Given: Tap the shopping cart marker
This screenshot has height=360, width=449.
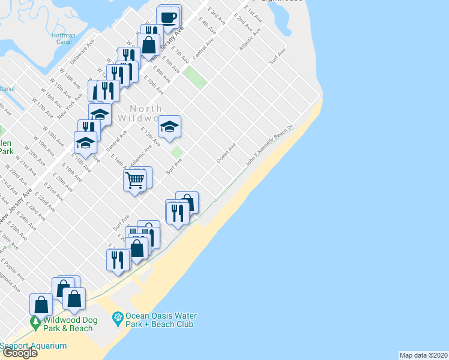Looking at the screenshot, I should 135,179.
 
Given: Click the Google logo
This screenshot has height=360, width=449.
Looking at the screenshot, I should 19,353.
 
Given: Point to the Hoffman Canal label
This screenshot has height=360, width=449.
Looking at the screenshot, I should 64,39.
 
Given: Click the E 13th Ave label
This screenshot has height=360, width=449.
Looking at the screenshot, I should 150,137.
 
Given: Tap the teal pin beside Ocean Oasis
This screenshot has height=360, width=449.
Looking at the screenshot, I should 118,316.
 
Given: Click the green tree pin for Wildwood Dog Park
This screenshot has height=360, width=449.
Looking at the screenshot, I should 35,322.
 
